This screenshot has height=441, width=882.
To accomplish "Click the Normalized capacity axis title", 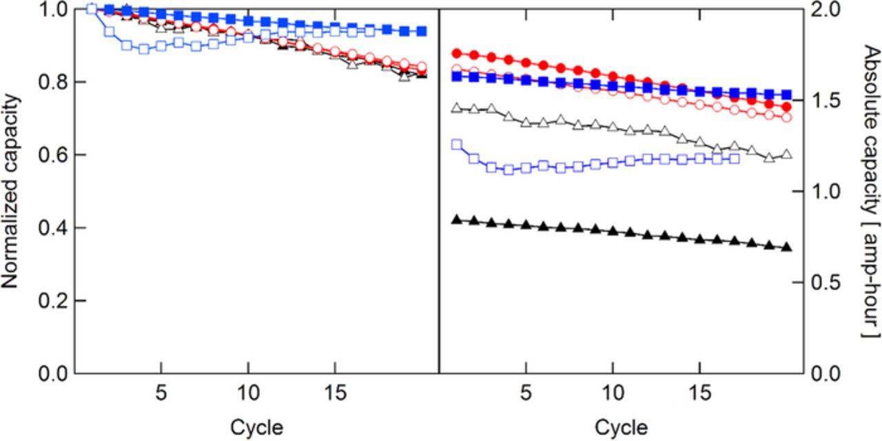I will click(12, 192).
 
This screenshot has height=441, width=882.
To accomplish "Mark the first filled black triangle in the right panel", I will click(456, 219).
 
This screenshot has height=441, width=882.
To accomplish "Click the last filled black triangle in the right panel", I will click(787, 247).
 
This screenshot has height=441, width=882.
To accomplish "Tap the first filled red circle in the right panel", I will click(456, 53).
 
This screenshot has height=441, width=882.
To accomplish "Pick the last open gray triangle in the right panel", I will click(787, 154).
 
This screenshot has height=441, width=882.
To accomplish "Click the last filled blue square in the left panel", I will click(422, 31).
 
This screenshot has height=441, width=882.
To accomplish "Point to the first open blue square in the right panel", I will click(456, 144).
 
